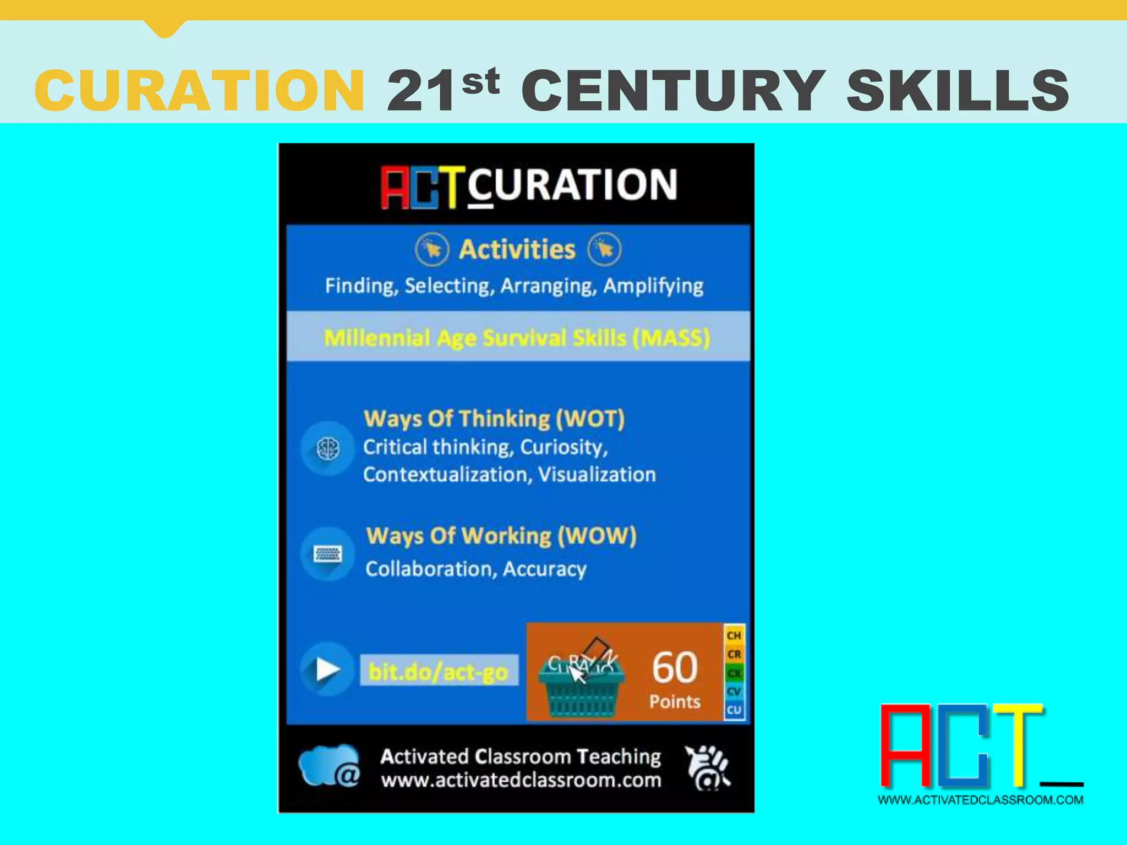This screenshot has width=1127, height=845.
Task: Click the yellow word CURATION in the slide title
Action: point(199,90)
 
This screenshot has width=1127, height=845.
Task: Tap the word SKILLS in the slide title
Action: point(958,90)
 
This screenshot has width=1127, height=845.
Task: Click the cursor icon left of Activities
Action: point(432,249)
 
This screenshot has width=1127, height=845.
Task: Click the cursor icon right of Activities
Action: point(604,249)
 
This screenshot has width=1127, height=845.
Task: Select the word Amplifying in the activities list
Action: point(653,286)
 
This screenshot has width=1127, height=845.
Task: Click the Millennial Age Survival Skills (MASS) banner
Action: point(517,337)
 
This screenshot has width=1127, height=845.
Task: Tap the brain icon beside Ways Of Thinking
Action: point(328,449)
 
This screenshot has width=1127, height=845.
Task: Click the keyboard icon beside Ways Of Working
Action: point(327,554)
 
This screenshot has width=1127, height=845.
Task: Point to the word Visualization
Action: point(597,474)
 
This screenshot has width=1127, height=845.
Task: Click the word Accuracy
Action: point(544,569)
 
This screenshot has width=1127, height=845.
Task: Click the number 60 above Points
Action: point(675,667)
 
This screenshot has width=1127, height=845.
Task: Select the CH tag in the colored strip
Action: point(734,635)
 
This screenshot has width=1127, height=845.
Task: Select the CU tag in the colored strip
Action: point(734,710)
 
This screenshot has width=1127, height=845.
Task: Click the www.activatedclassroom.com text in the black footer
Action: point(521,780)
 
